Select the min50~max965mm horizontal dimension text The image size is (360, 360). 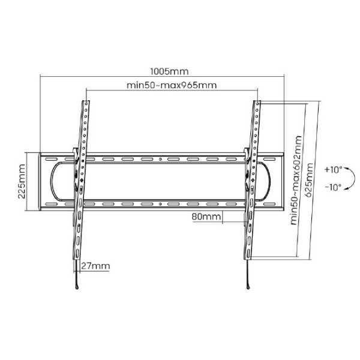(x=172, y=85)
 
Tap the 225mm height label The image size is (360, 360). (x=22, y=182)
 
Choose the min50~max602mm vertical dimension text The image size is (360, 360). (x=294, y=180)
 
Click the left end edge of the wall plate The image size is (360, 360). (x=40, y=181)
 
